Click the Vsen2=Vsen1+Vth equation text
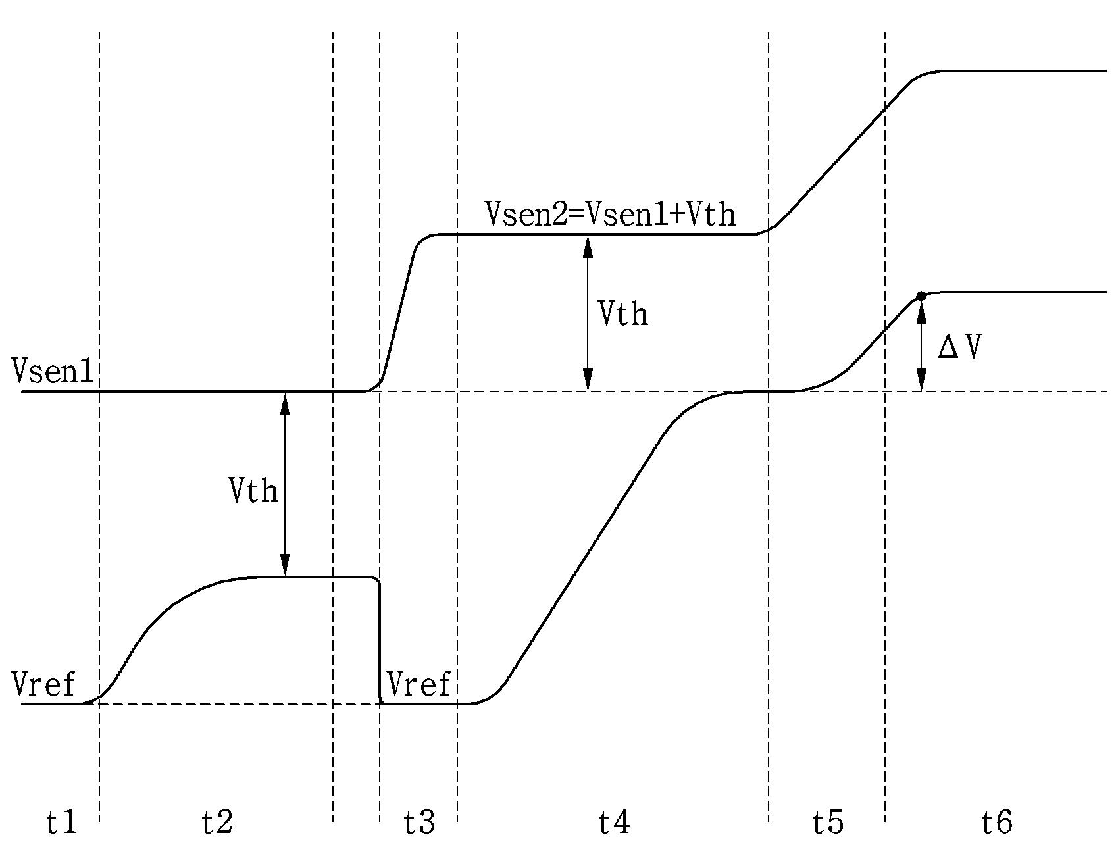(x=610, y=215)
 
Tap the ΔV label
(x=959, y=347)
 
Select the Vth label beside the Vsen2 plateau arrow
(x=622, y=313)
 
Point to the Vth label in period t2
(x=253, y=490)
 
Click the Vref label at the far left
(x=43, y=684)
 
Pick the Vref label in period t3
(x=419, y=684)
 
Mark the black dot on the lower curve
(x=921, y=297)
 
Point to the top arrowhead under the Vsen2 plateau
(x=588, y=245)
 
